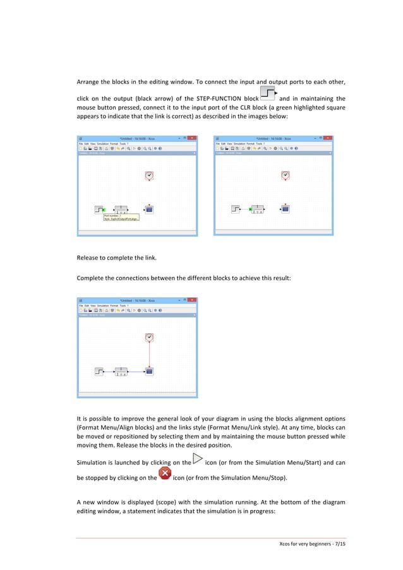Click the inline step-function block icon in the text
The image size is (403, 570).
tap(268, 94)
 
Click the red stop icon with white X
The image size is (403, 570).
tap(164, 473)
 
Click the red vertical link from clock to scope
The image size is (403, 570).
tap(149, 355)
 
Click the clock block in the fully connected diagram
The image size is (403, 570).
tap(149, 338)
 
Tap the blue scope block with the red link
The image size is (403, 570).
tap(149, 371)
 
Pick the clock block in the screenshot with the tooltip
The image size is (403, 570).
tap(149, 175)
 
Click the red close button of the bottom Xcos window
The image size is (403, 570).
tap(193, 300)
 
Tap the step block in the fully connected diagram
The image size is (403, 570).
tap(99, 371)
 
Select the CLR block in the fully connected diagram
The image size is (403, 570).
tap(120, 371)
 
